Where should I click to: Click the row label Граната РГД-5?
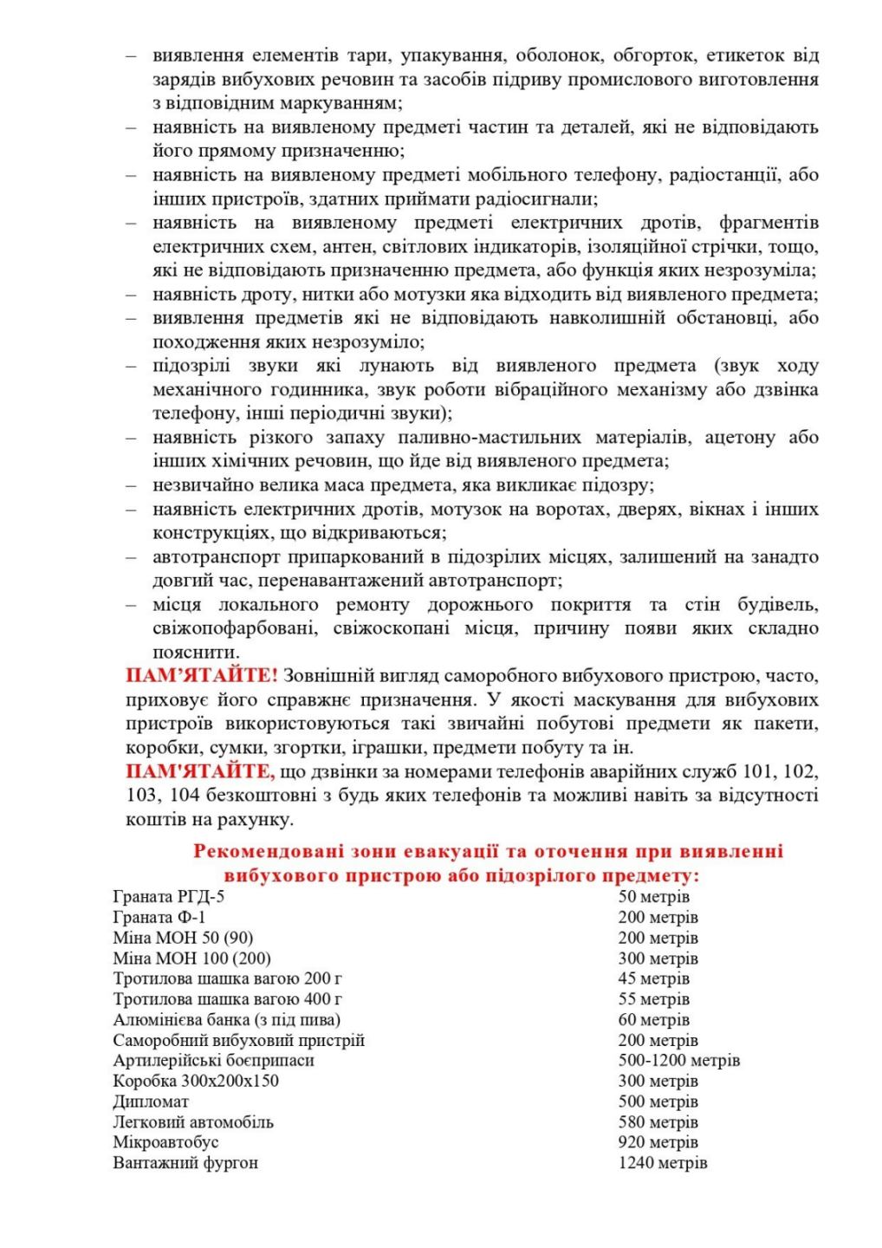(x=168, y=896)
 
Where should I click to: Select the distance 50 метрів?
(x=653, y=896)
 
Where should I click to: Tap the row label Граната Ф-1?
(x=159, y=917)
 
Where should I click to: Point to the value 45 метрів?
(x=653, y=978)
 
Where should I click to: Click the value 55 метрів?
(x=653, y=999)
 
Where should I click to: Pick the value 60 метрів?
(x=653, y=1020)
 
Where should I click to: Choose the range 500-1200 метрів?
(x=678, y=1061)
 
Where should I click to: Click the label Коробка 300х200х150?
(x=196, y=1081)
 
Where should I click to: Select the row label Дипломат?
(x=151, y=1102)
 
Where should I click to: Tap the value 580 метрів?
(x=658, y=1122)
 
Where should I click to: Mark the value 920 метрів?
(x=658, y=1142)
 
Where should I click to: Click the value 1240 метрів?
(x=662, y=1163)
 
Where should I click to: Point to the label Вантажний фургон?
(x=185, y=1163)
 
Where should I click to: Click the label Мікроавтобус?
(x=165, y=1142)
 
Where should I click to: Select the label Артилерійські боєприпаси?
(x=213, y=1061)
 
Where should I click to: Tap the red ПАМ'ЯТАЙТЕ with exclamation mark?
(x=202, y=676)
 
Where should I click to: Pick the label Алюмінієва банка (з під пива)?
(x=226, y=1020)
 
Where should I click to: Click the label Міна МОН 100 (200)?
(x=191, y=959)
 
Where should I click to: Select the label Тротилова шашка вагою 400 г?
(x=227, y=999)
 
